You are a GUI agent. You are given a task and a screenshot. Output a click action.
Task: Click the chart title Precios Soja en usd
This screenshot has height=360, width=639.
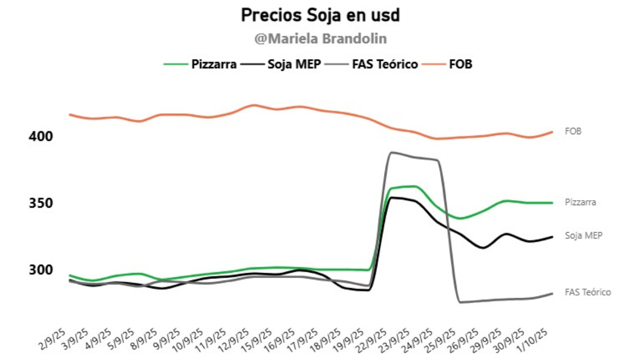click(320, 15)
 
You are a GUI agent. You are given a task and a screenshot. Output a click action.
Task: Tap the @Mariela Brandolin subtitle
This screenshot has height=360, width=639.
click(320, 39)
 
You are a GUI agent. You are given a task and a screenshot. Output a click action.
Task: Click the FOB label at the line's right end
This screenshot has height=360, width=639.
click(573, 131)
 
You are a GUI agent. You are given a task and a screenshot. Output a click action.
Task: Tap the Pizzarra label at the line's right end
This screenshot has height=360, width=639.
click(580, 202)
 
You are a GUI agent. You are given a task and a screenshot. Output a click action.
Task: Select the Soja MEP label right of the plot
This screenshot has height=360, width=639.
click(583, 235)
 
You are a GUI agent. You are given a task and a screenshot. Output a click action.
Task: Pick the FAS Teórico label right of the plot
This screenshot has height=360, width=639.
click(587, 292)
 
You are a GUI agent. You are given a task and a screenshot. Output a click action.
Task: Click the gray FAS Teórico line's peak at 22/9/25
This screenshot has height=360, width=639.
click(392, 152)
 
